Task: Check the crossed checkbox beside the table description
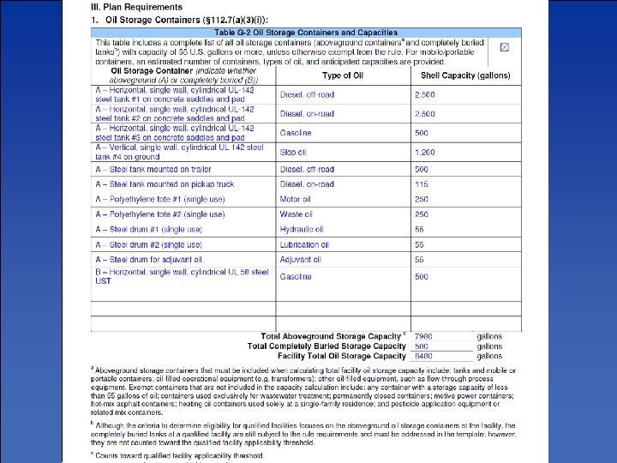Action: coord(504,46)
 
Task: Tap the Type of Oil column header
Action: coord(342,76)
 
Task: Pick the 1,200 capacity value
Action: coord(425,152)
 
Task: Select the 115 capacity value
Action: coord(421,184)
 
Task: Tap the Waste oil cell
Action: coord(297,214)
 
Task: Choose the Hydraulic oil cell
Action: coord(302,230)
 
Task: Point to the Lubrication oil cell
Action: coord(303,245)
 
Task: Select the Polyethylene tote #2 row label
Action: coord(160,214)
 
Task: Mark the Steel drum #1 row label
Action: coord(149,230)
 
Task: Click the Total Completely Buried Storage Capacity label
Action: coord(326,346)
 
